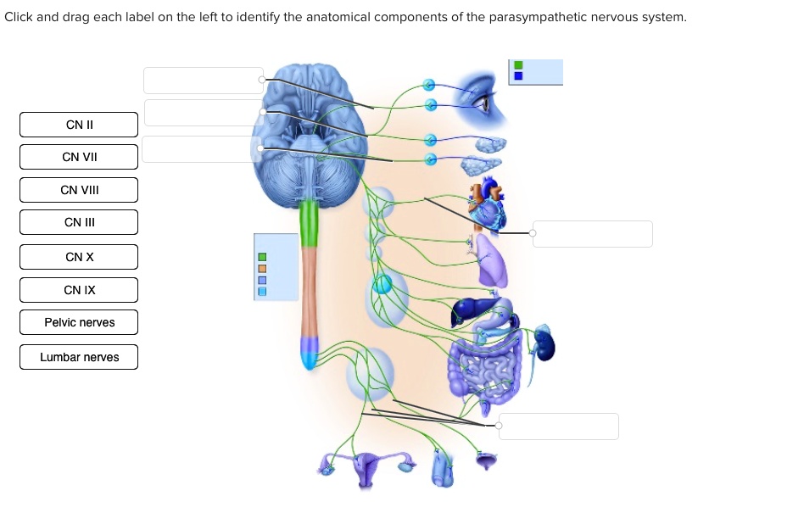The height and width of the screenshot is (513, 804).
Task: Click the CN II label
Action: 79,125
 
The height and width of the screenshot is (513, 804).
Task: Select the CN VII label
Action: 79,157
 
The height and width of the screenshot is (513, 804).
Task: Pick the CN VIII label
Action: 79,190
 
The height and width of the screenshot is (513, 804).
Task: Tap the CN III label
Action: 79,222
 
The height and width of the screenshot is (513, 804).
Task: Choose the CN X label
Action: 79,257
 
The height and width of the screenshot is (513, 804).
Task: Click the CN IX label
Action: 79,290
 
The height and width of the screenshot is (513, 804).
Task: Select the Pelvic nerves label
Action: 79,322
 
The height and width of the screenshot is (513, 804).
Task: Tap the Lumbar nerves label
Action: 79,357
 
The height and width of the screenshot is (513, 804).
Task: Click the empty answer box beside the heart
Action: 593,233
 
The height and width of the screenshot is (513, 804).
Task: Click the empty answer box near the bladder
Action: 558,426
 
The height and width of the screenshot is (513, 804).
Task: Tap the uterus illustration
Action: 367,466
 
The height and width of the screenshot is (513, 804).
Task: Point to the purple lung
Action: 491,261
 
